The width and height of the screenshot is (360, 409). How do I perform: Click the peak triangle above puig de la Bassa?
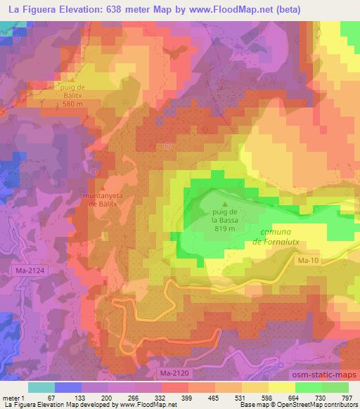(226, 204)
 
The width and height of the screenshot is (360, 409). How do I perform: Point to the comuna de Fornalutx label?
(282, 235)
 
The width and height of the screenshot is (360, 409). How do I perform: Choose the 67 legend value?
(51, 398)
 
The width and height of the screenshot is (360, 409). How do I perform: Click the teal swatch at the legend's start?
(41, 387)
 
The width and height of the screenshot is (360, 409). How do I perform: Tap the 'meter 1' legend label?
(13, 398)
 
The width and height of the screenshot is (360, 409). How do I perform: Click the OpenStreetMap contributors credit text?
(317, 405)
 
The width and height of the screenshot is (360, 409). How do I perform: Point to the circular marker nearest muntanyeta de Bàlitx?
(94, 171)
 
